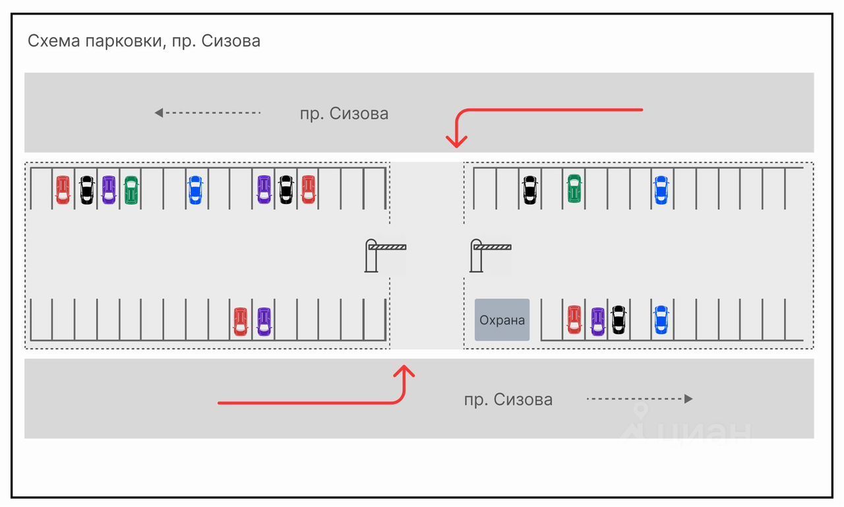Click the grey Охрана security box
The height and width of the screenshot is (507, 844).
click(502, 320)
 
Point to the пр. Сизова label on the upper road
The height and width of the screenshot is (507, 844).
click(344, 114)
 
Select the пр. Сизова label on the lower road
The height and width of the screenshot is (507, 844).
click(508, 399)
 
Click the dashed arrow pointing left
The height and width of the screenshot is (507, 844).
click(208, 113)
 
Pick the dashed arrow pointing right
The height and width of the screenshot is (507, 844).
click(639, 399)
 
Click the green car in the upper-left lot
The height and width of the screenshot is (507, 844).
click(131, 190)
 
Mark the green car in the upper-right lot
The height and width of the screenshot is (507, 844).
click(574, 189)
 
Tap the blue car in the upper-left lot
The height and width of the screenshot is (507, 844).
click(195, 190)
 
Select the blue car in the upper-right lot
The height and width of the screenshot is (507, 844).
click(661, 189)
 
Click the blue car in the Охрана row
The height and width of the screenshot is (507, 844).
click(661, 320)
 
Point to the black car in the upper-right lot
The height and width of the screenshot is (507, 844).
click(529, 189)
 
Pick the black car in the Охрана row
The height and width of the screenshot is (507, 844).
click(618, 320)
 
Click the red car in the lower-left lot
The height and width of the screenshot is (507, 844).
click(241, 321)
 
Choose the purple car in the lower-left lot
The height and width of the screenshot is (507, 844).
click(264, 321)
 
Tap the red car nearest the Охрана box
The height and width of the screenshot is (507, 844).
click(574, 320)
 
